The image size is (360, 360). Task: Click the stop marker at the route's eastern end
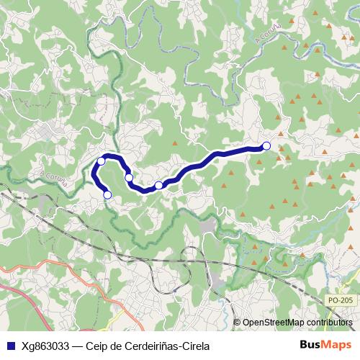pyautogui.click(x=266, y=146)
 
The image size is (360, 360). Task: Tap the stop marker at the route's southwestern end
pyautogui.click(x=107, y=194)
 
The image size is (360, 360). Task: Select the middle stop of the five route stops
pyautogui.click(x=129, y=177)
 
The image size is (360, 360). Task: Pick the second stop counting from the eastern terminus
pyautogui.click(x=159, y=186)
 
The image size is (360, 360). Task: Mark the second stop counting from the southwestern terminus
pyautogui.click(x=102, y=161)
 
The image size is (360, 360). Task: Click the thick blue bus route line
pyautogui.click(x=216, y=156)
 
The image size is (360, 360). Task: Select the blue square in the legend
pyautogui.click(x=9, y=345)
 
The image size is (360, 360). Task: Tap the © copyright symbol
pyautogui.click(x=237, y=322)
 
